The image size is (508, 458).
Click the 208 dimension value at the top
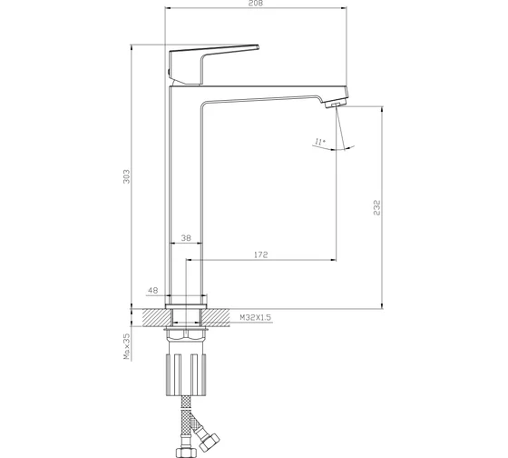256,4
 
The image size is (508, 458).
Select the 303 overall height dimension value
126,176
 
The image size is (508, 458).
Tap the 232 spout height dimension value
376,208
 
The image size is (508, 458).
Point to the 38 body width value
186,238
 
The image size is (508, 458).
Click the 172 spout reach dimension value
261,254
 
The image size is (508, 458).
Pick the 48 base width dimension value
152,290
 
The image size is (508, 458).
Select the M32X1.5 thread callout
255,317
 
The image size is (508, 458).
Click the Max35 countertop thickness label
127,346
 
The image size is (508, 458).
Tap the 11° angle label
320,142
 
